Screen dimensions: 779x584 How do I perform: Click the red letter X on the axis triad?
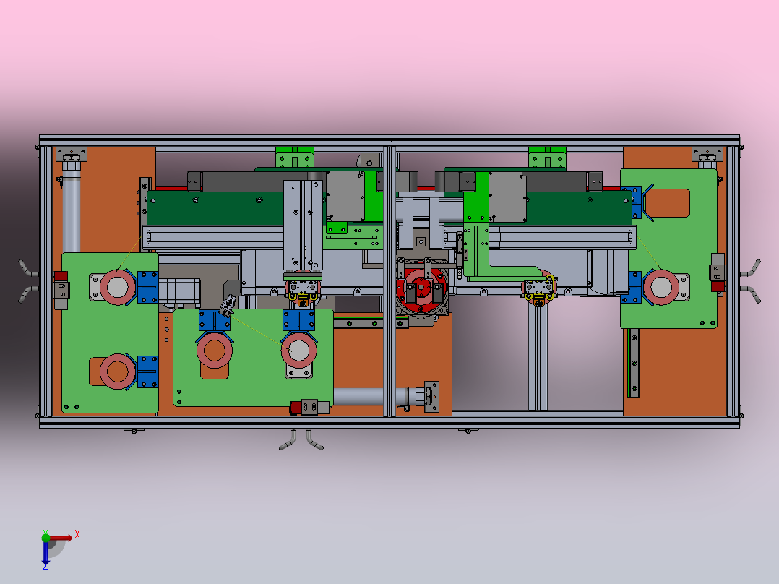[x=77, y=535]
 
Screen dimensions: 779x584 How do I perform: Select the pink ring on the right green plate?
[x=661, y=287]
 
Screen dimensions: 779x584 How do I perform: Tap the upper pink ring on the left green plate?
[x=118, y=287]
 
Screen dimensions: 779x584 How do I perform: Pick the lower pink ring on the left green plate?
[x=118, y=372]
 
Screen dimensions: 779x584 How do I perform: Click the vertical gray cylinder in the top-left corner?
[x=71, y=209]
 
